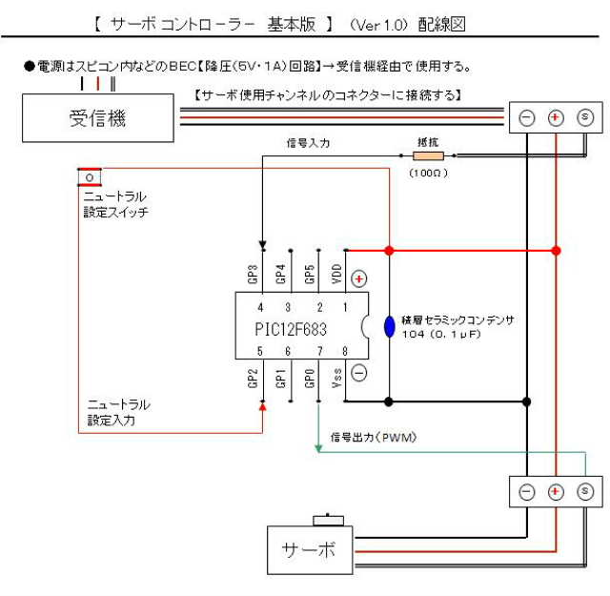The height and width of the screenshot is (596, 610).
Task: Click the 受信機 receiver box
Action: point(98,118)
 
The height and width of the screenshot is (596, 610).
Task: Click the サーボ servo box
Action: point(309,549)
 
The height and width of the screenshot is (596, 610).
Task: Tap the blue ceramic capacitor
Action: point(389,326)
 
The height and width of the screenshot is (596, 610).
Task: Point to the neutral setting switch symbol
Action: point(90,177)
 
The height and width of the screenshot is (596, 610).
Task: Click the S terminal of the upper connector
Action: point(585,118)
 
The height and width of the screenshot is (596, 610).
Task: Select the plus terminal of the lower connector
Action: point(556,492)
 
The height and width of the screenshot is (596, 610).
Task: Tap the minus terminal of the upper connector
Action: point(526,118)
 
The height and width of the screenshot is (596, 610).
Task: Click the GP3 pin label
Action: point(254,275)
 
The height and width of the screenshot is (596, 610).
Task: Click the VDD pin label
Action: point(336,275)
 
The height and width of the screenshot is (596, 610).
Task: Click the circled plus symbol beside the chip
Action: point(359,279)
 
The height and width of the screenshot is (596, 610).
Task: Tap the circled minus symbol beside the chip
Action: point(359,373)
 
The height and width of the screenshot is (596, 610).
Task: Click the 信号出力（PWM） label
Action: point(375,437)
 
